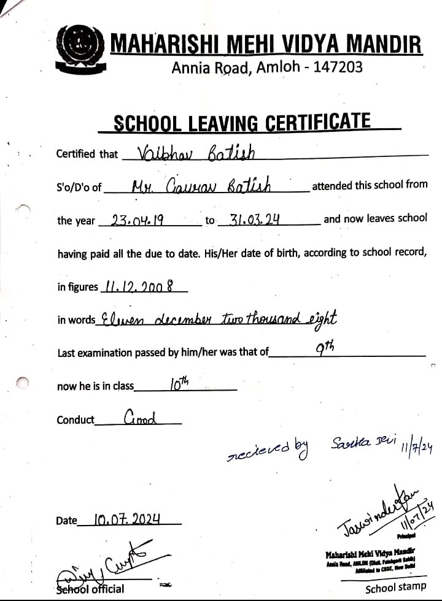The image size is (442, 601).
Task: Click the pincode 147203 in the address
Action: pyautogui.click(x=338, y=67)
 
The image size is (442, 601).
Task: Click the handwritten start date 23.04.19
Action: pyautogui.click(x=137, y=219)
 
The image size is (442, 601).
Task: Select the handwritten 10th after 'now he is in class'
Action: pyautogui.click(x=179, y=384)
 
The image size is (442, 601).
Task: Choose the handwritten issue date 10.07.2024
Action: pyautogui.click(x=127, y=519)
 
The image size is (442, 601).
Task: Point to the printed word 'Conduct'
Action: pyautogui.click(x=76, y=420)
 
